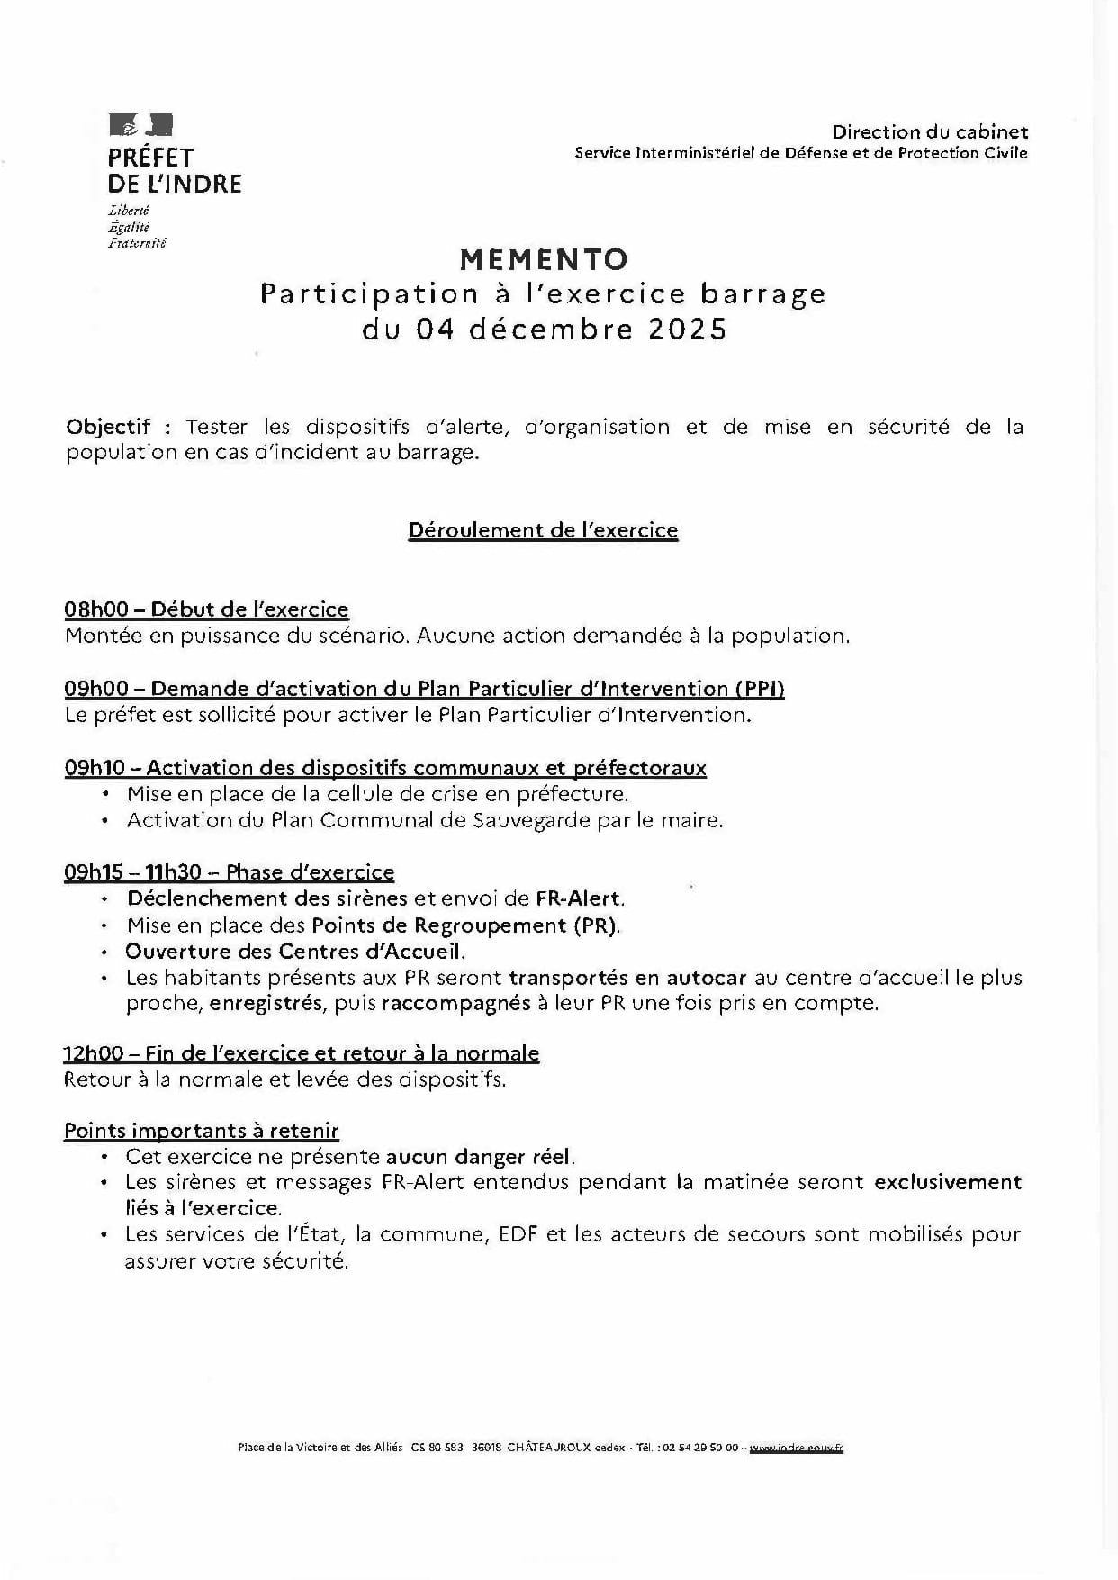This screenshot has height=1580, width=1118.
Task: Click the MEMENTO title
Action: pos(544,259)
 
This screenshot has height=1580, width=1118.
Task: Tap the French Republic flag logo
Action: pos(140,125)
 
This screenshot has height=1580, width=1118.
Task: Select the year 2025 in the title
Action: pos(687,330)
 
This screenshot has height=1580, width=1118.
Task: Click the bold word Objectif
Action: pos(108,427)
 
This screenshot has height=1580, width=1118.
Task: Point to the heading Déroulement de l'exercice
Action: pos(543,530)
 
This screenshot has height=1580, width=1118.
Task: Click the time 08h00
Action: pos(95,609)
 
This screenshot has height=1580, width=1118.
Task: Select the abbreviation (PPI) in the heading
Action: pos(760,689)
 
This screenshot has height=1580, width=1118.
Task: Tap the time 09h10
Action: pos(95,768)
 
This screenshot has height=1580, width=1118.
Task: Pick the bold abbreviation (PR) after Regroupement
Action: pos(595,925)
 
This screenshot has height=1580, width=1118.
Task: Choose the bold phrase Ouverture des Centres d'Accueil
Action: pos(294,952)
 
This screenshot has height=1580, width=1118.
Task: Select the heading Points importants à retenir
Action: pos(202,1132)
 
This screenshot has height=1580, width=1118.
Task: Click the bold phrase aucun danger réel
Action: pos(479,1157)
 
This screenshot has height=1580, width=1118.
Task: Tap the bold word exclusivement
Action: pos(948,1182)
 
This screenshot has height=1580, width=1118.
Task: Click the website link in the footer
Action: pos(796,1448)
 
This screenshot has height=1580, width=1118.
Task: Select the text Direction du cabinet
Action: pos(929,132)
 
